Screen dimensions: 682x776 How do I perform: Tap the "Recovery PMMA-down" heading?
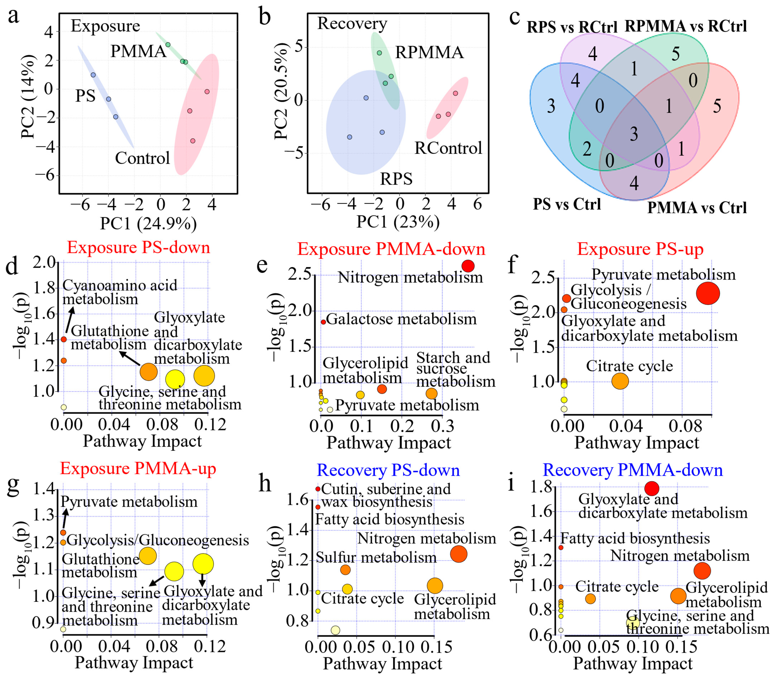(632, 470)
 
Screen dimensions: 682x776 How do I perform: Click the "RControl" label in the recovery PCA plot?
(448, 148)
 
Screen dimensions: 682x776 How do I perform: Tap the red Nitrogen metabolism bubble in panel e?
(468, 266)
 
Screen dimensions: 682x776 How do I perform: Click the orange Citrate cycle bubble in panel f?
(620, 381)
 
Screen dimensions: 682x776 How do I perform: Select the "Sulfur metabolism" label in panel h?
(376, 557)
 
